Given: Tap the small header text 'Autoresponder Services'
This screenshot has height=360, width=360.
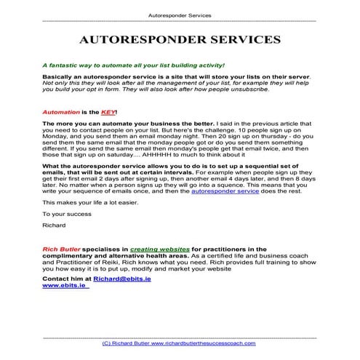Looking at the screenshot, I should point(180,14).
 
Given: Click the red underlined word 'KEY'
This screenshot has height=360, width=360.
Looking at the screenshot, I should point(107,113).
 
